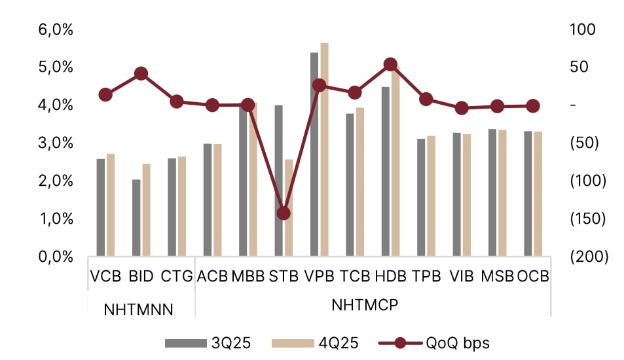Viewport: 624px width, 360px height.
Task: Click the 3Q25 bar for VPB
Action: [314, 154]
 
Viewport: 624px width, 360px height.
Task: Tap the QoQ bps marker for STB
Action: [284, 213]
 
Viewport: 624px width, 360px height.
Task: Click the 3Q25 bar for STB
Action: [279, 180]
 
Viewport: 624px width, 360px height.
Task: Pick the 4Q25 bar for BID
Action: [146, 209]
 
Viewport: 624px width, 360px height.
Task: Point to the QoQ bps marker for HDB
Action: [390, 64]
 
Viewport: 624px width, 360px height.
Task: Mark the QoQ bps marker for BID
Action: [141, 73]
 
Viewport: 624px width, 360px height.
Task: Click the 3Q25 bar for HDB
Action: [386, 171]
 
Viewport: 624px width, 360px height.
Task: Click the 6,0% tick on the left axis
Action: [57, 30]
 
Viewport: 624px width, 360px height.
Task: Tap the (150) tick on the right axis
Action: [587, 219]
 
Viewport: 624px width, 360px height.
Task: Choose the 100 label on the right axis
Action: [579, 30]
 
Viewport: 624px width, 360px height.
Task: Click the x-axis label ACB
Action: [212, 276]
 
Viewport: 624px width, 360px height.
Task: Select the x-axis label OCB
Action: [533, 276]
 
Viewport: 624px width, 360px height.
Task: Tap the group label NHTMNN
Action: [139, 310]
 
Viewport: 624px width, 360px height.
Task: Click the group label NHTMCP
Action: [365, 306]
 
